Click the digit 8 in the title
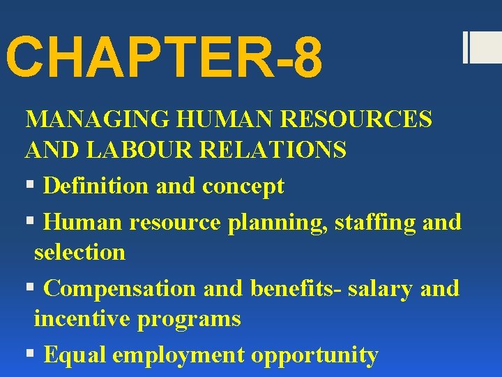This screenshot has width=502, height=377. (307, 59)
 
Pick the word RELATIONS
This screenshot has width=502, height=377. (265, 149)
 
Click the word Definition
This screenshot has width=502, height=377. (96, 186)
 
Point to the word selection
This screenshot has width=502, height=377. (79, 251)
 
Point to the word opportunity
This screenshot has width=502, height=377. (314, 355)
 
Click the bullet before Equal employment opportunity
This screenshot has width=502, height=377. (29, 355)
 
